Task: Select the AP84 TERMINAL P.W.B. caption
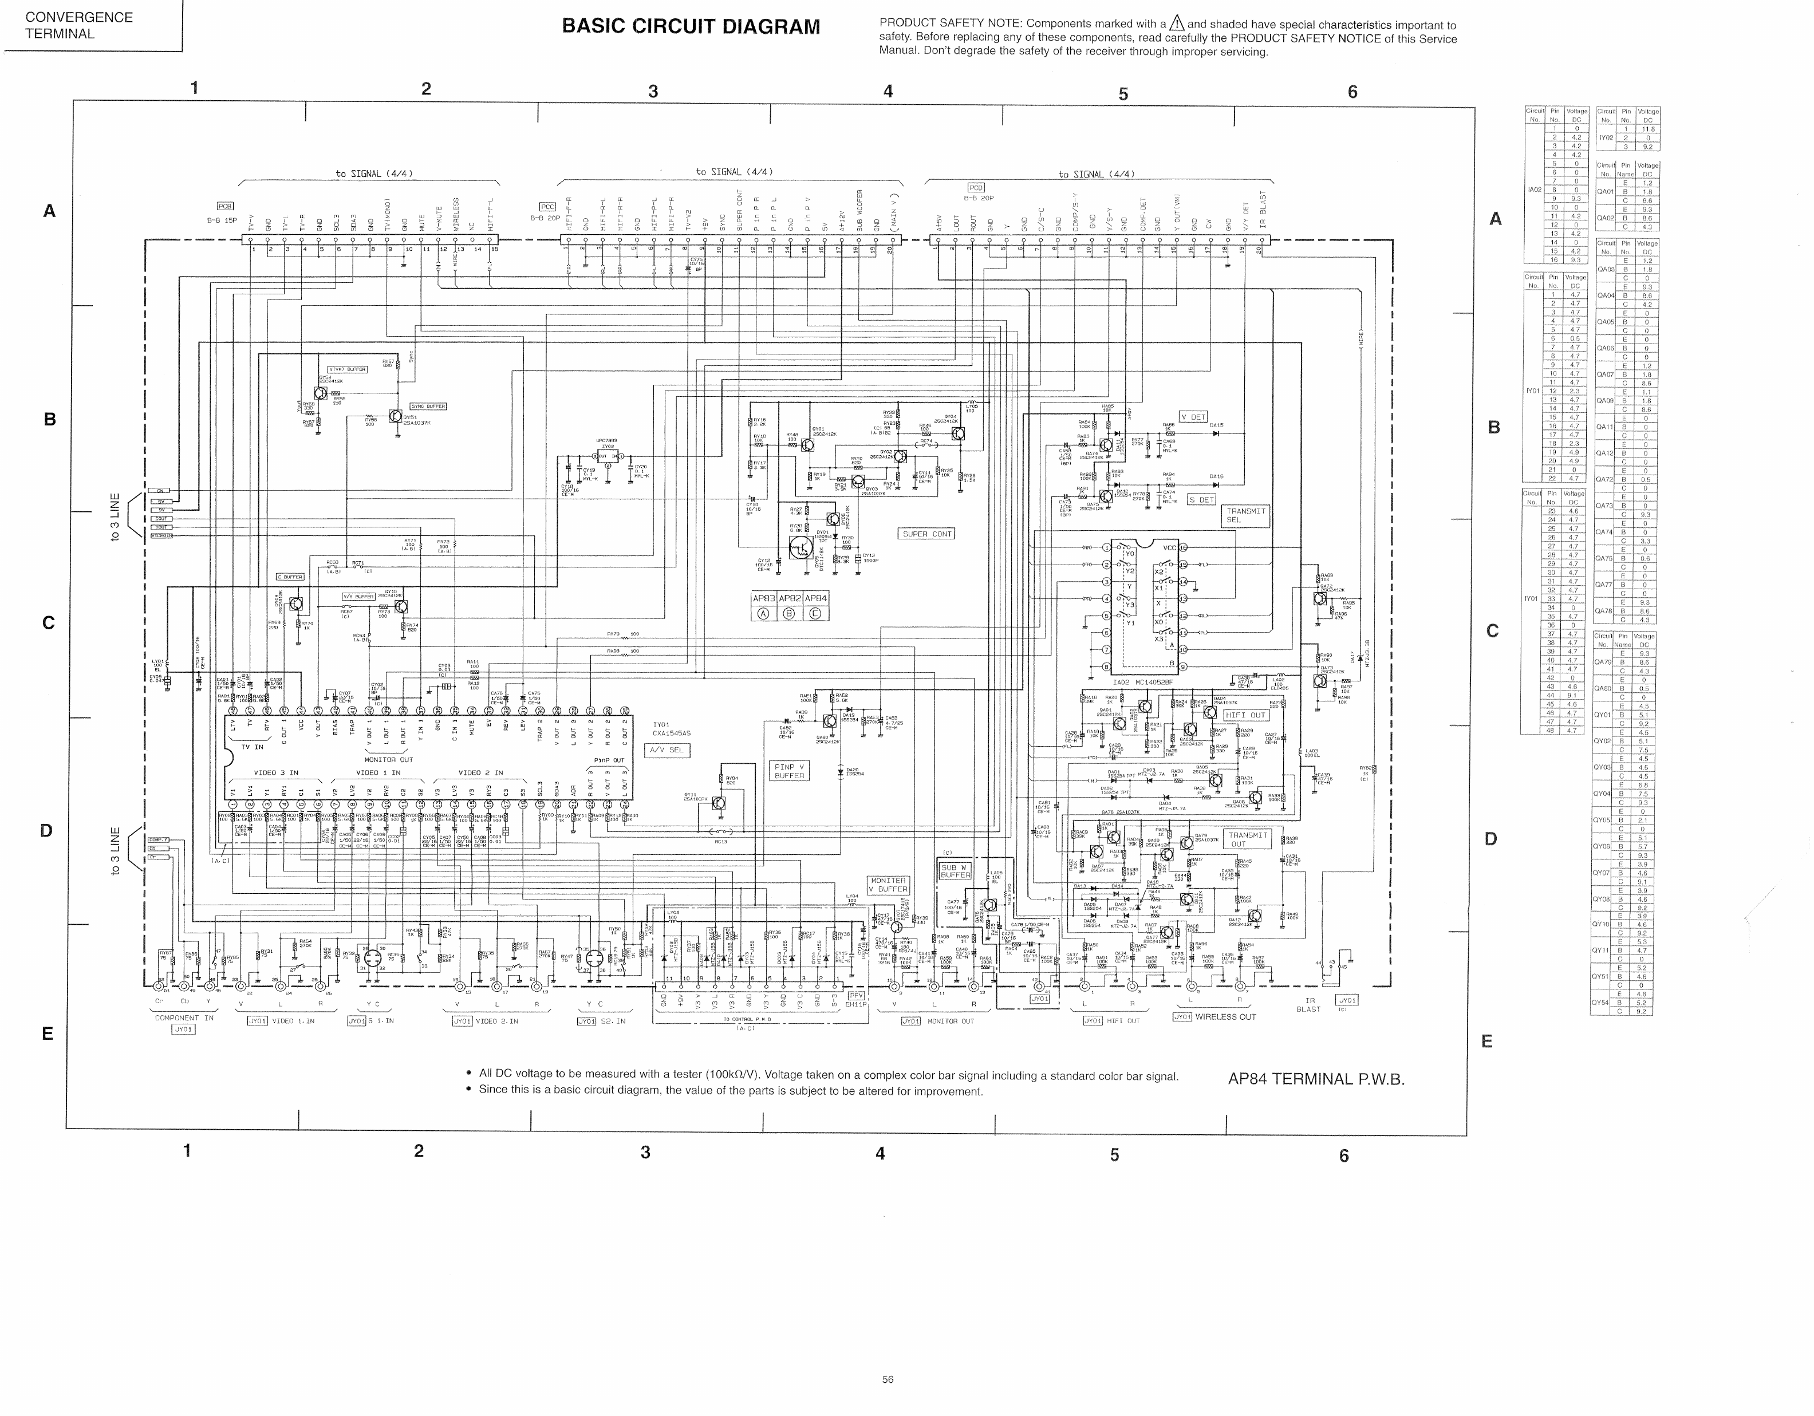click(1316, 1079)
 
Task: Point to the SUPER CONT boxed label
click(926, 534)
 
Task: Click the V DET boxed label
click(1193, 417)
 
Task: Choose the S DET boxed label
click(1201, 500)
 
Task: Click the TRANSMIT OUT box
click(1248, 839)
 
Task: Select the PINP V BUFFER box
click(789, 771)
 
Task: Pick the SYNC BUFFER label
click(428, 406)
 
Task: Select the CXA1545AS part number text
click(671, 733)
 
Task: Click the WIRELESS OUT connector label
click(1225, 1016)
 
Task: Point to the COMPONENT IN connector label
click(184, 1017)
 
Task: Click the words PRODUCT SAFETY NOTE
click(937, 24)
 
